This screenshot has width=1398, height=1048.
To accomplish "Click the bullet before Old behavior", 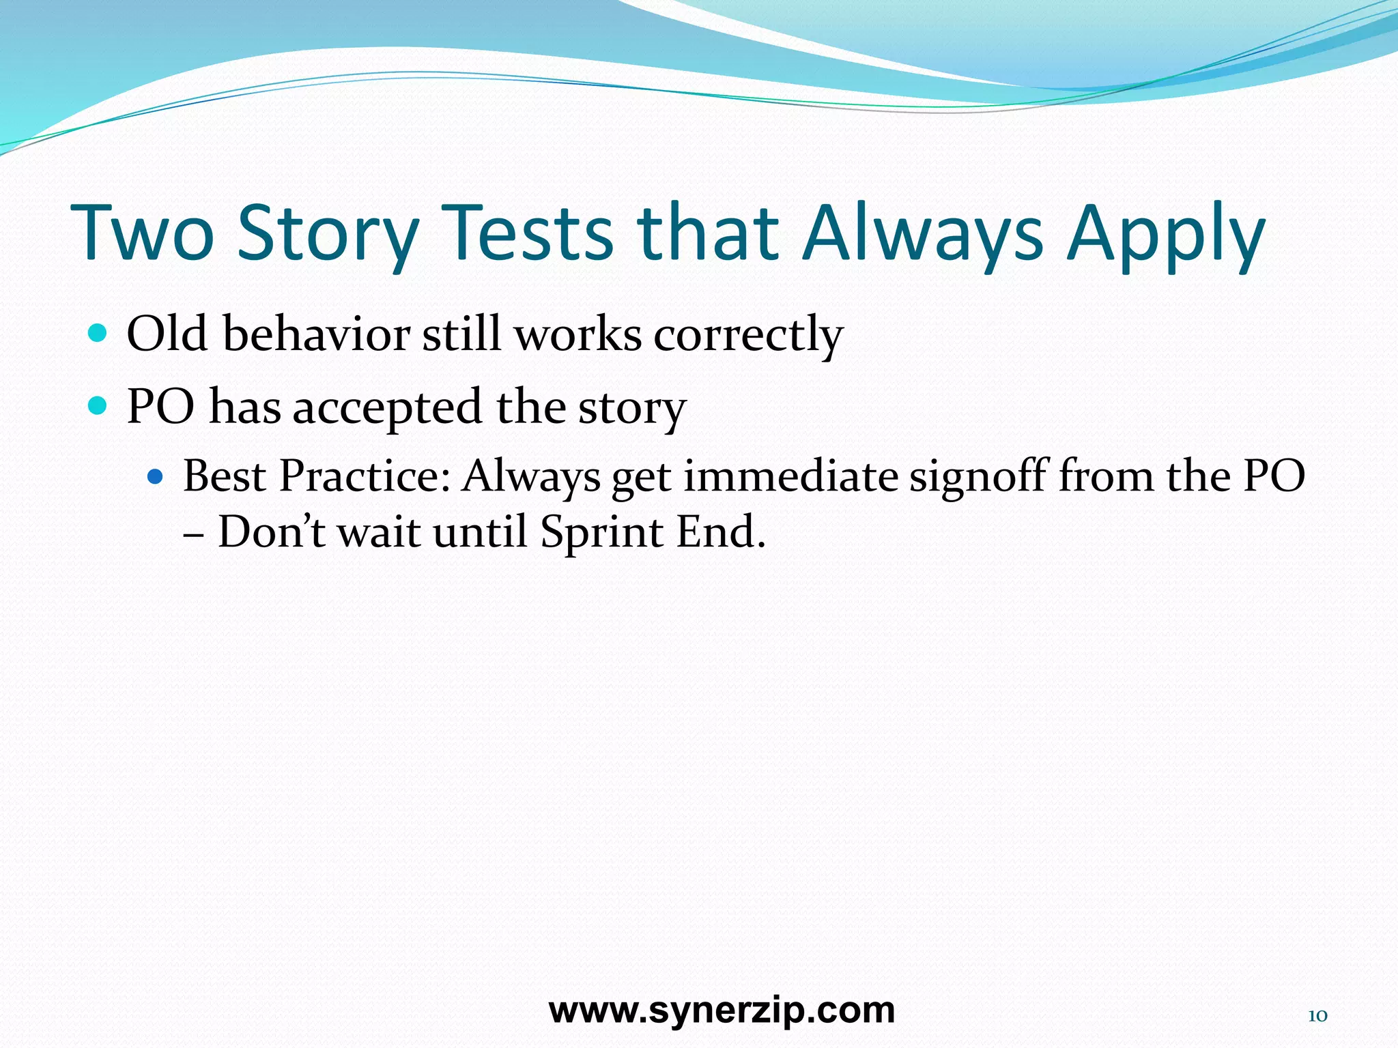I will click(x=98, y=334).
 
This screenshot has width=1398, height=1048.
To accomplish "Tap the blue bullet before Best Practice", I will click(x=156, y=476).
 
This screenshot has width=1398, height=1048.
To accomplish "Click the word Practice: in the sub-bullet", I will click(x=365, y=476).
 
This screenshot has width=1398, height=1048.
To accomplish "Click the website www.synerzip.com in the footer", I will click(x=722, y=1010).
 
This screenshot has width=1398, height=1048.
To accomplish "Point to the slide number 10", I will click(x=1317, y=1016).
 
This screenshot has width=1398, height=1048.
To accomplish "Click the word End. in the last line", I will click(x=721, y=532).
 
